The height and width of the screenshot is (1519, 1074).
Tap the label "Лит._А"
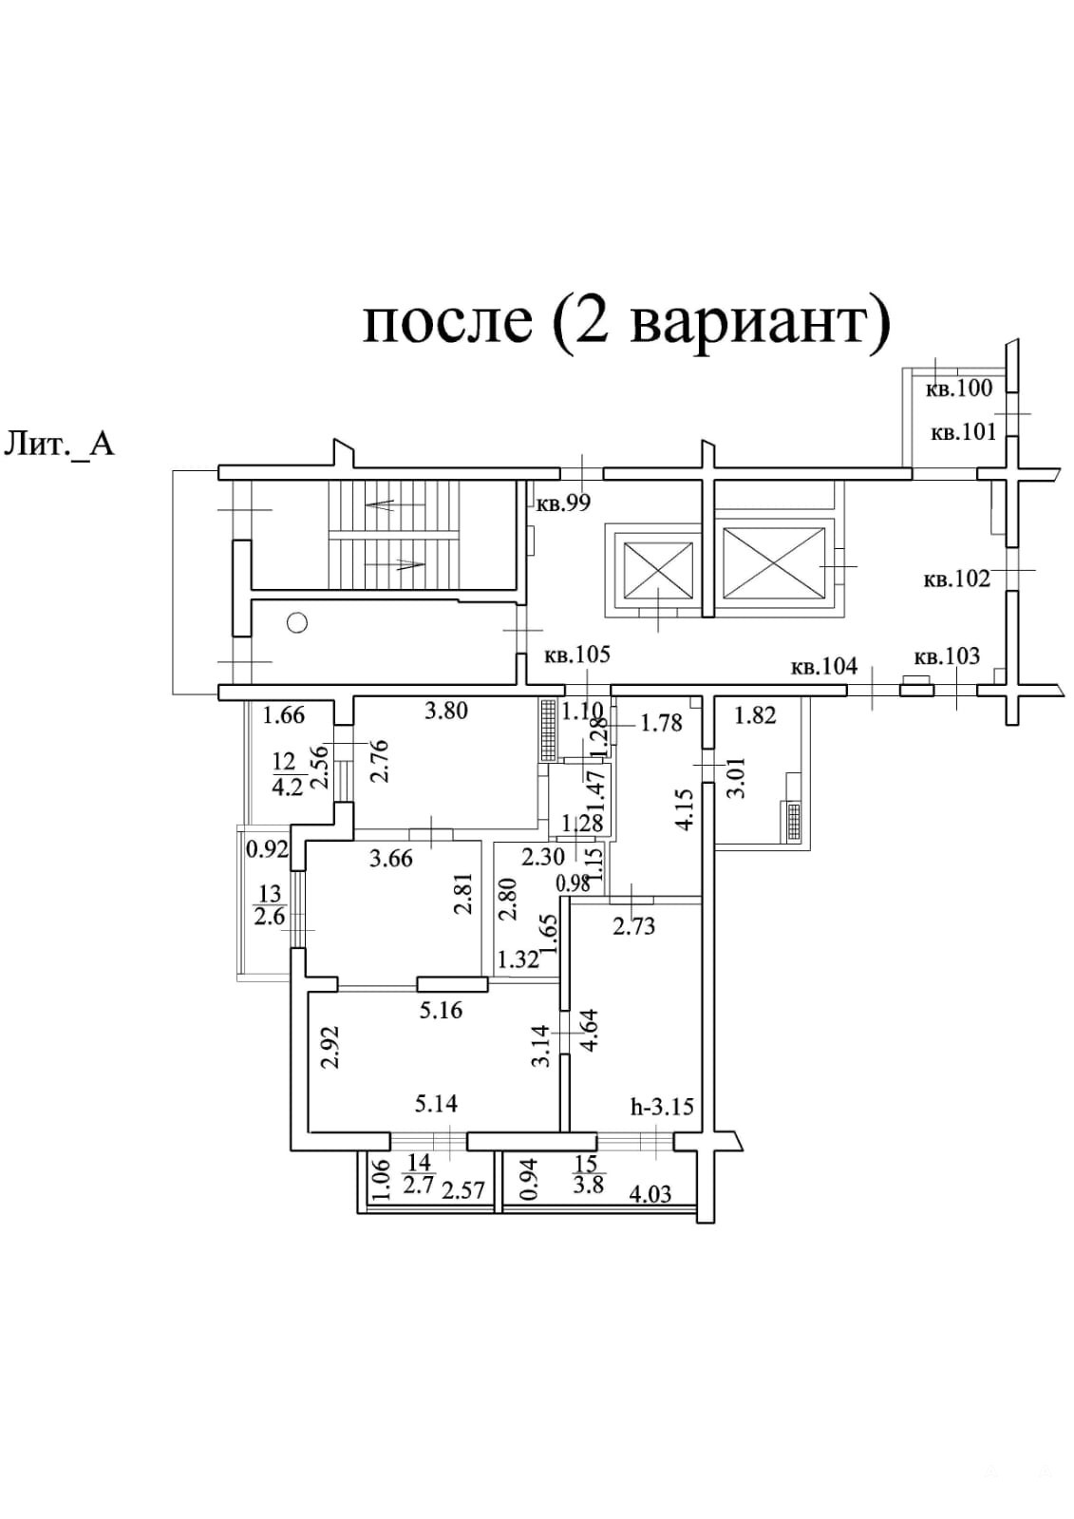point(60,443)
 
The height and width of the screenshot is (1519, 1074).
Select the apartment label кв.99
point(564,503)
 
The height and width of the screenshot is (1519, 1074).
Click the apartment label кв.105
point(576,655)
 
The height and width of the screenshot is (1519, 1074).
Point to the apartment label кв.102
point(956,578)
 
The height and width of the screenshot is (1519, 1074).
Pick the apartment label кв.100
point(959,388)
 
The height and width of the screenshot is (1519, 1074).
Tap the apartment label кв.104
point(823,667)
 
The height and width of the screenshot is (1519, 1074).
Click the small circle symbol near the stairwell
point(297,623)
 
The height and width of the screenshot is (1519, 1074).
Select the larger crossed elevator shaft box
point(773,565)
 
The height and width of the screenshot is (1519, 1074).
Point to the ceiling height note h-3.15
point(662,1107)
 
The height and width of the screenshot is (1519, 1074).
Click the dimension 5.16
point(442,1010)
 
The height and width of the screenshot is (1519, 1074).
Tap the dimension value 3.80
point(445,710)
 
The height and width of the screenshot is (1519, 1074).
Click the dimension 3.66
point(390,859)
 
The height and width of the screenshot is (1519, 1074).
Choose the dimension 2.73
point(633,925)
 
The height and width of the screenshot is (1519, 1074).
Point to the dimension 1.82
point(756,715)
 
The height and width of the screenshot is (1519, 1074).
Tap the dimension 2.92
point(330,1046)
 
